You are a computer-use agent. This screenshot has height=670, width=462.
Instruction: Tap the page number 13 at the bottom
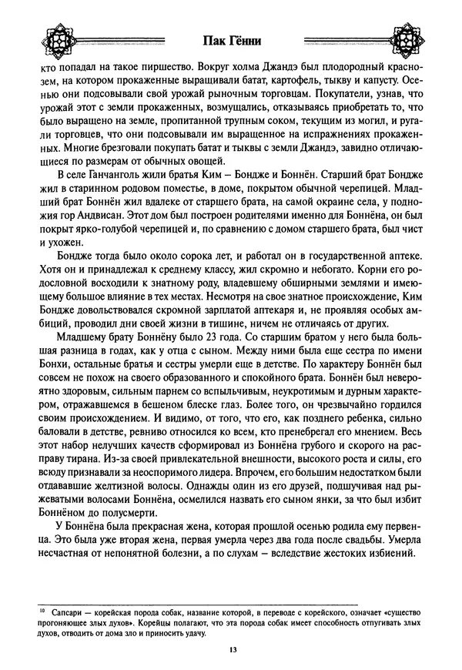tap(232, 650)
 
